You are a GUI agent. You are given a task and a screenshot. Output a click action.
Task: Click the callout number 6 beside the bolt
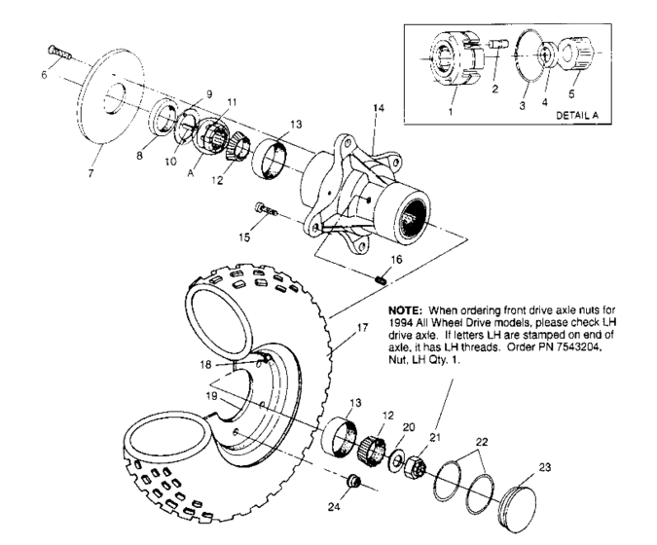pos(43,75)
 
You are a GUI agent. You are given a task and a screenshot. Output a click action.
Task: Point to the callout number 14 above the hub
pos(379,110)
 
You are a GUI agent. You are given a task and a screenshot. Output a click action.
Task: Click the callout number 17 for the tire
pos(362,328)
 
